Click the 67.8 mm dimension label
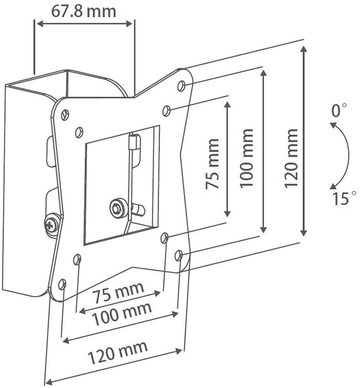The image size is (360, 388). click(x=84, y=12)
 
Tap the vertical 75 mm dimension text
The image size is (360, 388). click(x=212, y=164)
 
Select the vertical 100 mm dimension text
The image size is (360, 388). click(x=247, y=159)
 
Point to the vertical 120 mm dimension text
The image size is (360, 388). click(x=291, y=159)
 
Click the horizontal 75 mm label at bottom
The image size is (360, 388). click(x=118, y=293)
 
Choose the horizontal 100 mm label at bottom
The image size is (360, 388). click(x=121, y=314)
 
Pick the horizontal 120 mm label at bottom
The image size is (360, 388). click(x=118, y=353)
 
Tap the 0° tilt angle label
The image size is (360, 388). click(x=339, y=110)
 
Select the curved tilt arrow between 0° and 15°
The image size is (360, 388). click(x=346, y=156)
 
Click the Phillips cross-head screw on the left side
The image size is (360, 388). click(x=51, y=224)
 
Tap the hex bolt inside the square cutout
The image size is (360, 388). click(x=116, y=208)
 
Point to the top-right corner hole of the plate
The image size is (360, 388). click(x=181, y=86)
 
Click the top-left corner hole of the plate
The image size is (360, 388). click(x=65, y=115)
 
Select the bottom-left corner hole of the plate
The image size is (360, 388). click(x=62, y=284)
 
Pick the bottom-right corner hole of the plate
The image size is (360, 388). click(x=179, y=256)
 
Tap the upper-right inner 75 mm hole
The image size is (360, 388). click(x=166, y=111)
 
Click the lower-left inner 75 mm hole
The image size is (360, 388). click(x=77, y=259)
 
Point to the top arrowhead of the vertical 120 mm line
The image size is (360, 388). click(x=304, y=49)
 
